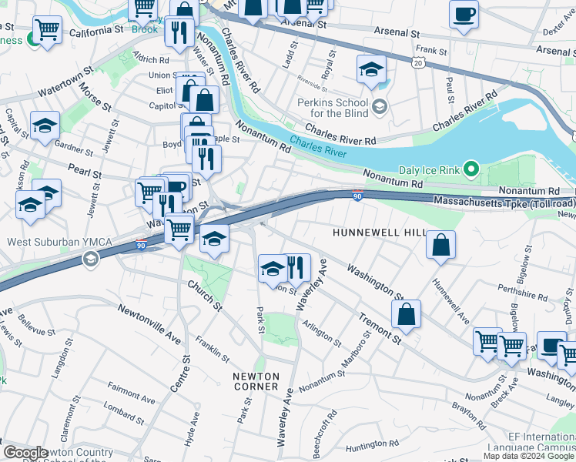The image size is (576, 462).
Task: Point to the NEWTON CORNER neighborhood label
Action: point(256,380)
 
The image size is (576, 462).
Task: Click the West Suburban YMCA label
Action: point(59,243)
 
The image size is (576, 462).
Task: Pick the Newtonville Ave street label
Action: point(149,323)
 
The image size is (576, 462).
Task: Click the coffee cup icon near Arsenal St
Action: point(464,14)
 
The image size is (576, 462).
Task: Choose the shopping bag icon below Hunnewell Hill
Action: point(441,246)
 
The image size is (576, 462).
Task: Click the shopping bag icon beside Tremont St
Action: point(406,314)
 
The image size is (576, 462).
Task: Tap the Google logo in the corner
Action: point(25,453)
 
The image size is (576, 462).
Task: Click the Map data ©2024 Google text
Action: point(529,456)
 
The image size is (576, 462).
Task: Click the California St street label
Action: point(95,33)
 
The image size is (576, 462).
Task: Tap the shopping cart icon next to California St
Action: point(47,30)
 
